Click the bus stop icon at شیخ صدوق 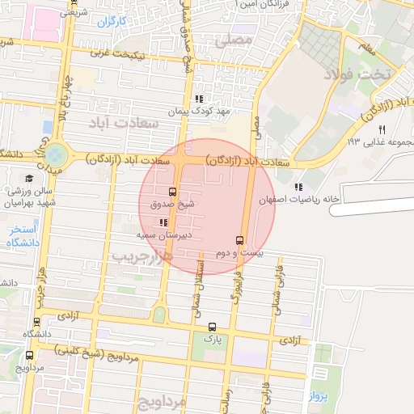(172, 192)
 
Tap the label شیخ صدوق (173, 205)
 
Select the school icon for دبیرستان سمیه (163, 221)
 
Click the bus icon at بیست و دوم (239, 240)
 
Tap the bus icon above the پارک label (212, 327)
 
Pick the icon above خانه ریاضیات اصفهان (299, 187)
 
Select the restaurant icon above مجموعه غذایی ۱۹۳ (382, 129)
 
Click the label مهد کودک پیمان (200, 111)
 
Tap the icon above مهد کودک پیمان (200, 99)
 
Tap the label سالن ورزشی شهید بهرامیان (28, 197)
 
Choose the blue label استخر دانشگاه (19, 238)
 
